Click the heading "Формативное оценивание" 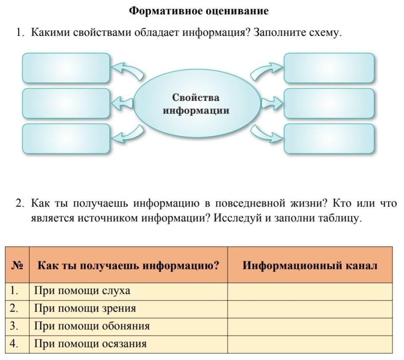199,11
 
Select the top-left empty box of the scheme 66,68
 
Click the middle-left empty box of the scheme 66,103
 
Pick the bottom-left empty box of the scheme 66,139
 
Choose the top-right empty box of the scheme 329,68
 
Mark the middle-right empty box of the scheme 329,103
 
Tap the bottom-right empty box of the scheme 329,139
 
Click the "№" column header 17,265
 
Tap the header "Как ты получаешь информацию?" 128,265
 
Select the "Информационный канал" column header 310,265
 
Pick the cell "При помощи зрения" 85,309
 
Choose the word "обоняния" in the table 126,326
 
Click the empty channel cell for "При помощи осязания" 310,344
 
